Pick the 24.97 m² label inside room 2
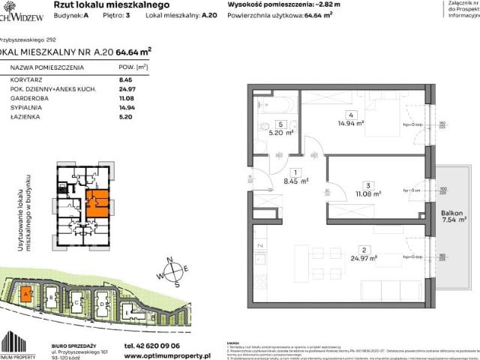(x=366, y=258)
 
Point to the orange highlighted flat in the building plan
(x=97, y=203)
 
